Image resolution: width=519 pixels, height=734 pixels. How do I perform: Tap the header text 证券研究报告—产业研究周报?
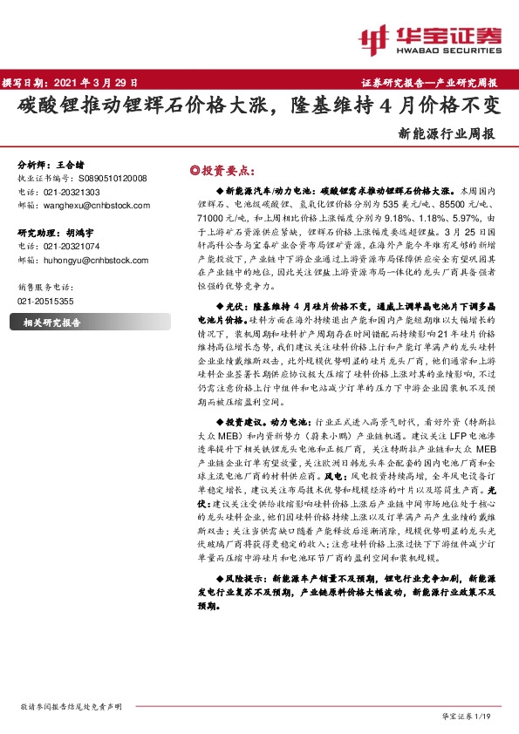pos(429,82)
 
